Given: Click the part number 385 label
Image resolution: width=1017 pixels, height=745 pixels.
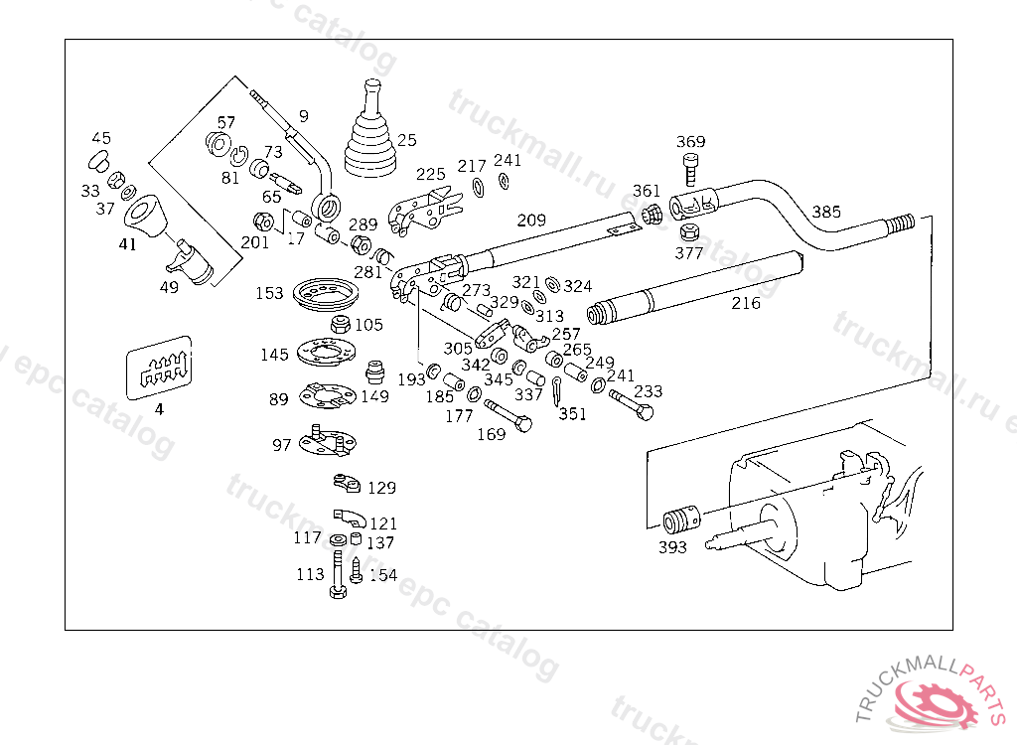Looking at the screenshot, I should [826, 212].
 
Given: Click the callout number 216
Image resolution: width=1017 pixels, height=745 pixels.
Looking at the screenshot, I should [746, 303].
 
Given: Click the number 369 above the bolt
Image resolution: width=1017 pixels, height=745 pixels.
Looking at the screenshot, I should [691, 142].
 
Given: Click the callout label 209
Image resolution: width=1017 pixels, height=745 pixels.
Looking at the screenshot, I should [531, 220].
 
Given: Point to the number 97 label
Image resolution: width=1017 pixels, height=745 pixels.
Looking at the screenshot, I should [282, 445].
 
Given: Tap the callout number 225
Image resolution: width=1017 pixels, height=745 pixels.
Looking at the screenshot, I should [431, 175].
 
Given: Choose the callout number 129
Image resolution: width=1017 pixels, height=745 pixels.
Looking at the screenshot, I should [381, 488].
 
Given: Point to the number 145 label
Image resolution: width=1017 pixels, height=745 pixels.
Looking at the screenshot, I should [275, 355].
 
